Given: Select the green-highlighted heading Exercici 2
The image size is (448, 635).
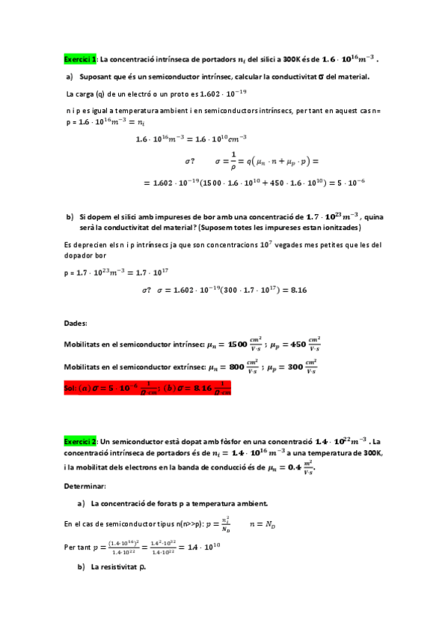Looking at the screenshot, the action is point(80,443).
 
